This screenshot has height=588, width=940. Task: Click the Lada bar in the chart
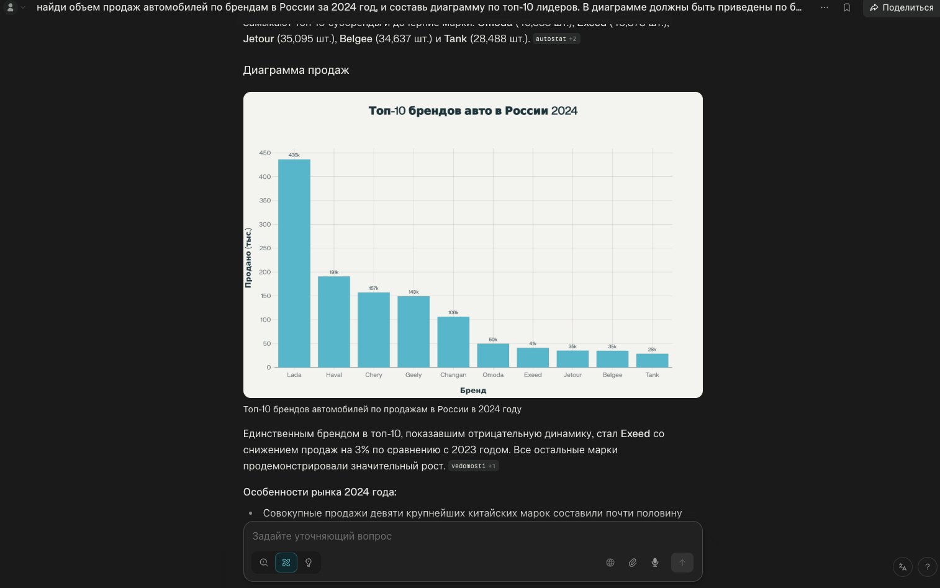click(x=294, y=263)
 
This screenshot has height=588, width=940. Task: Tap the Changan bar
click(x=453, y=342)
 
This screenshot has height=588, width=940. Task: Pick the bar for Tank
click(x=652, y=361)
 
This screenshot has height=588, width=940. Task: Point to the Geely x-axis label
click(x=414, y=375)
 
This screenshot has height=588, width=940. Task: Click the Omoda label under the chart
click(x=493, y=375)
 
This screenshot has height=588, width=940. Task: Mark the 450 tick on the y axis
click(x=265, y=153)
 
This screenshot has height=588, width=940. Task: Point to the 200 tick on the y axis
click(x=265, y=272)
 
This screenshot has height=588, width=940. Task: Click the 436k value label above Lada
click(x=294, y=155)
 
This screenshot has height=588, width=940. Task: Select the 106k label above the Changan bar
click(x=453, y=313)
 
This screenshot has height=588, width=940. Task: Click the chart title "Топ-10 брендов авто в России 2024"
click(x=473, y=111)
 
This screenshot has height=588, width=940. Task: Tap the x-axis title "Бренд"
click(x=473, y=391)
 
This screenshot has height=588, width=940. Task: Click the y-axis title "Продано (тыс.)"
click(x=248, y=258)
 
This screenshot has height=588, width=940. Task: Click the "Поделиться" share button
click(x=902, y=7)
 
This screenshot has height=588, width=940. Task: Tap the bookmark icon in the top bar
click(x=847, y=7)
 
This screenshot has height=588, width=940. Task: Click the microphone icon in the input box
click(x=655, y=563)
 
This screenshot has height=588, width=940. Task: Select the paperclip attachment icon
click(x=633, y=563)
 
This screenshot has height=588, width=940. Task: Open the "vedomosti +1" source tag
click(x=473, y=466)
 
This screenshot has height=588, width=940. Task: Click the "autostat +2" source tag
click(x=556, y=39)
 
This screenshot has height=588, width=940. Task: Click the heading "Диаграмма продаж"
click(x=296, y=70)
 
